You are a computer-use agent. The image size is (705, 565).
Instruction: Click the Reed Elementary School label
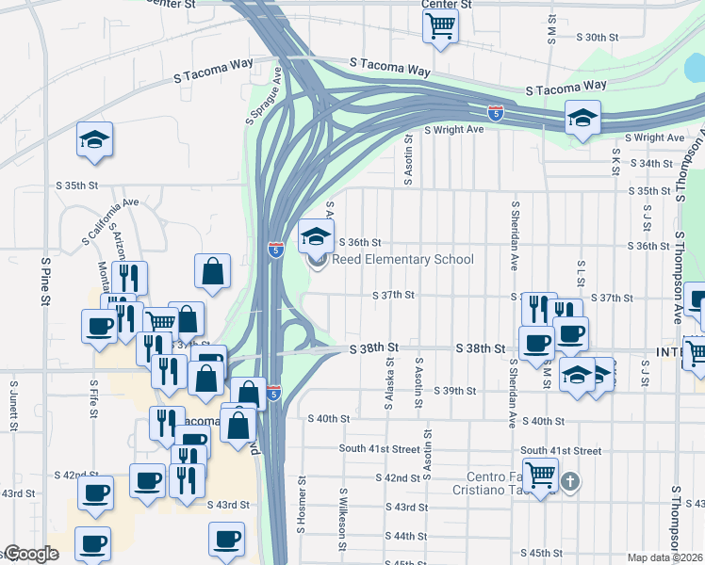[x=402, y=260]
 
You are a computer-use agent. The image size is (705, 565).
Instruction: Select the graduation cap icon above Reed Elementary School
[x=317, y=235]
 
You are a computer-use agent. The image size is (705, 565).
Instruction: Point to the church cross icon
[x=568, y=482]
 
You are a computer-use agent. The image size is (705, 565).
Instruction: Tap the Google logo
[x=30, y=554]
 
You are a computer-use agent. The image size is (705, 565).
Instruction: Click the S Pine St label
[x=44, y=280]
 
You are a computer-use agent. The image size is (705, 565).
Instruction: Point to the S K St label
[x=615, y=161]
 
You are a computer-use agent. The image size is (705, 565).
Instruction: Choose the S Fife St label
[x=94, y=399]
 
